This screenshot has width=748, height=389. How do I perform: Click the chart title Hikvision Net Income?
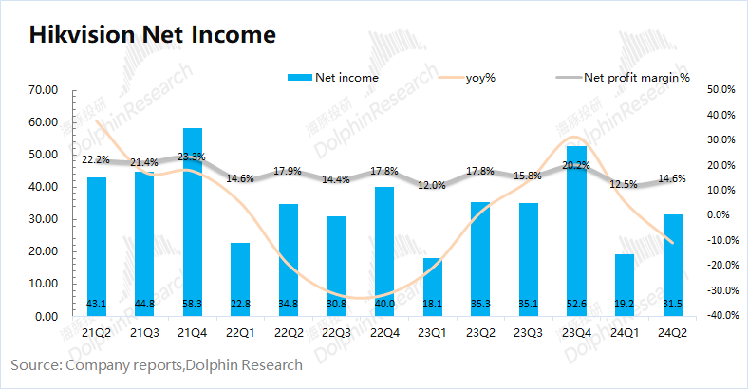coord(152,35)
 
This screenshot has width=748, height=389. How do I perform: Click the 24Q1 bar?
coord(624,285)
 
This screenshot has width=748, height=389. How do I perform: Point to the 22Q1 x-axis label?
coord(240,332)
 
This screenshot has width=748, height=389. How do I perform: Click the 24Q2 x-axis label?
coord(672,332)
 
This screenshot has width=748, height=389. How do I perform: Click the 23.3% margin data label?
coord(192,157)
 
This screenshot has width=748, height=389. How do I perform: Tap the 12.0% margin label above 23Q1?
coord(432,185)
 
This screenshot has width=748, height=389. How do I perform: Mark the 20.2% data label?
coord(576,165)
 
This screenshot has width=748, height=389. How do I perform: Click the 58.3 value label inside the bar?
coord(192,304)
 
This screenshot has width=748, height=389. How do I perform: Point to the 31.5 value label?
coord(672,304)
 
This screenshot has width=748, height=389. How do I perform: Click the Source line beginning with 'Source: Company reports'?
coord(157,364)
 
